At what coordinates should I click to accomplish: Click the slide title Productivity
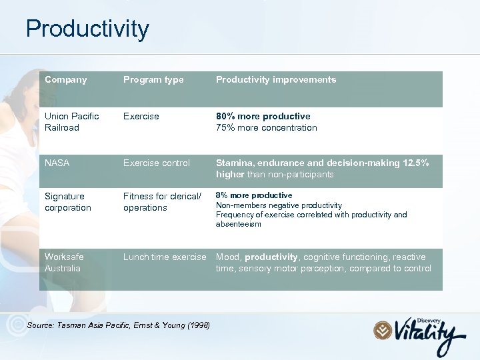87,29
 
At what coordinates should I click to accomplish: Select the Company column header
65,80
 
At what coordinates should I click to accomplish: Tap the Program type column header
153,80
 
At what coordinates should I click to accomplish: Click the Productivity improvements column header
275,80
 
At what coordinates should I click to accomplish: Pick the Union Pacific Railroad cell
71,122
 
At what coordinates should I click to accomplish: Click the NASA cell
57,163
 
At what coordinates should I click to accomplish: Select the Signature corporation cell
67,202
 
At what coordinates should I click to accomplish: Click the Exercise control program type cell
156,163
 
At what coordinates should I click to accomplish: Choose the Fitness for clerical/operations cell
161,202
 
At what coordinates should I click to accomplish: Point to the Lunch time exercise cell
165,257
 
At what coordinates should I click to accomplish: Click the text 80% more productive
263,117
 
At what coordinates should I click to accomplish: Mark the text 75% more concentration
266,128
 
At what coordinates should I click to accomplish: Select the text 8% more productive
253,195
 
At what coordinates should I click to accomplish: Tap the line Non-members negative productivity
279,205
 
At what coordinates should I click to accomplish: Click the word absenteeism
238,225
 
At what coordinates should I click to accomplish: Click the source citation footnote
118,325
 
